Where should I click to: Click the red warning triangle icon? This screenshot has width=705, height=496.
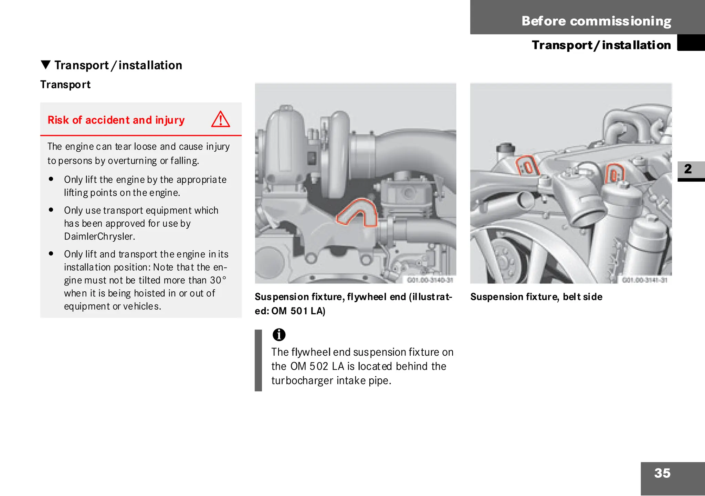pos(220,119)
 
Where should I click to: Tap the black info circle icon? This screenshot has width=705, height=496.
pos(279,334)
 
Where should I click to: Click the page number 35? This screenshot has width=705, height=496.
pos(662,473)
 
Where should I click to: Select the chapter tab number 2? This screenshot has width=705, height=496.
pos(688,169)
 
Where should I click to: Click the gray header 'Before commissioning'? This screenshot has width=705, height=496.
pos(596,21)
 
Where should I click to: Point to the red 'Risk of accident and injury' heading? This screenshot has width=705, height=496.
pos(116,120)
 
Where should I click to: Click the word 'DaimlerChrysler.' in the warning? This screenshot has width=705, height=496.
pos(99,237)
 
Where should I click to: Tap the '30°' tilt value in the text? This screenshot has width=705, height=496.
pos(218,280)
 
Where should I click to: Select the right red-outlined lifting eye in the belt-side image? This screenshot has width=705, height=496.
pos(614,174)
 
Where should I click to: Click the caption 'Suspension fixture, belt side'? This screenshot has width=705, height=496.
pos(536,297)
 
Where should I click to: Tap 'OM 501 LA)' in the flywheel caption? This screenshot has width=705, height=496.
pos(298,311)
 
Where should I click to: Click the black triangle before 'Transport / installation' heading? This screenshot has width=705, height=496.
pos(45,65)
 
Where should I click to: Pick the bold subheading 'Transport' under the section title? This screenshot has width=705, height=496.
pos(65,85)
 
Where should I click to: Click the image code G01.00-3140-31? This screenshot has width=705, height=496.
pos(430,280)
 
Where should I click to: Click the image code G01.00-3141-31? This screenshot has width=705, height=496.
pos(645,280)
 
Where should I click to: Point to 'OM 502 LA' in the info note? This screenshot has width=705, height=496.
pos(317,366)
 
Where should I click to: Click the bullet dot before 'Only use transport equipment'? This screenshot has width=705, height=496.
pos(51,210)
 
